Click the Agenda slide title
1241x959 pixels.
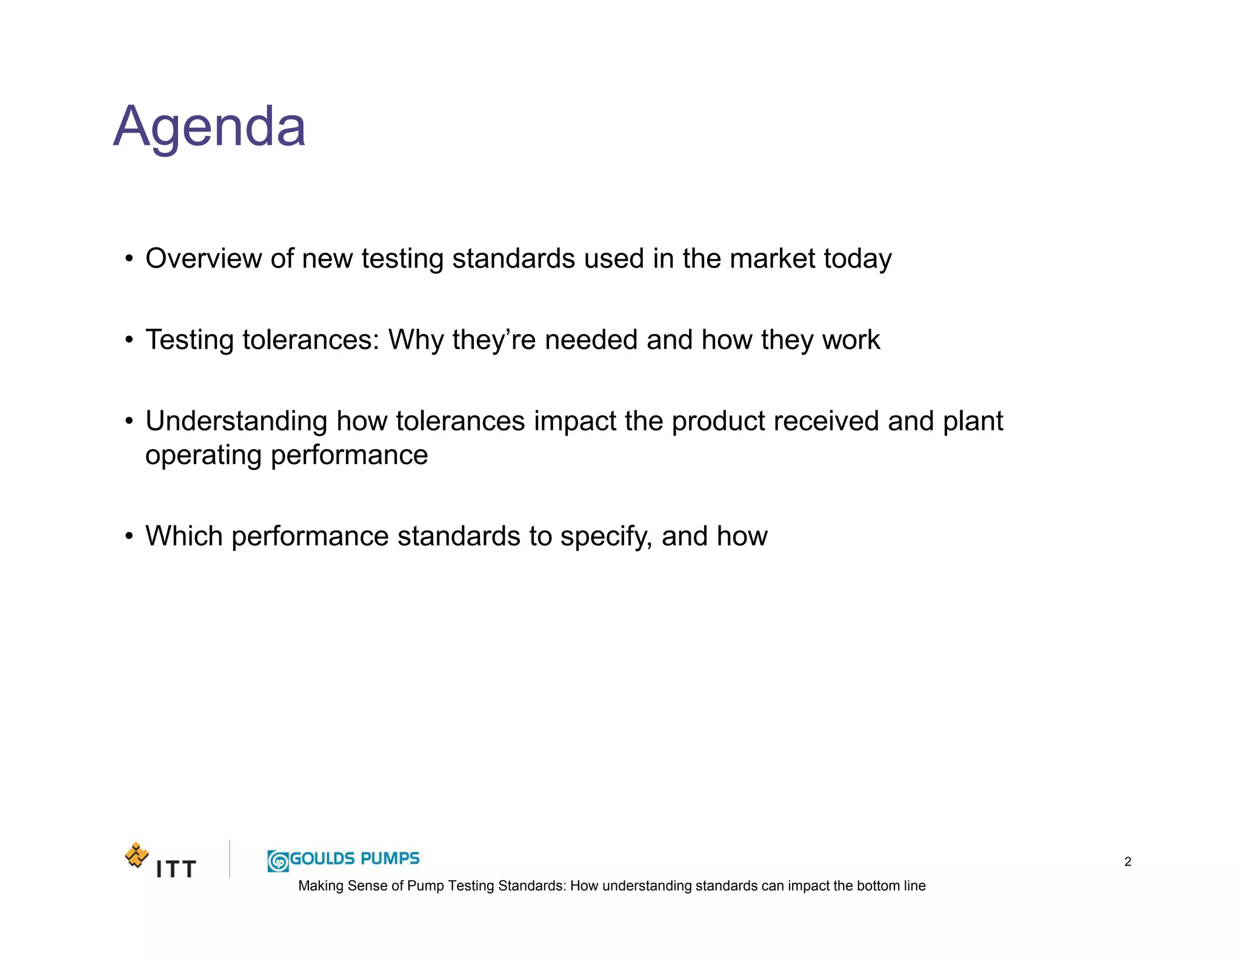click(x=210, y=127)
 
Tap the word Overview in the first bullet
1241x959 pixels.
click(x=204, y=259)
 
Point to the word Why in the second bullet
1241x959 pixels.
click(x=416, y=340)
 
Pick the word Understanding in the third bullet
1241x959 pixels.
click(x=236, y=422)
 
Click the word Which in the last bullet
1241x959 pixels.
click(x=184, y=536)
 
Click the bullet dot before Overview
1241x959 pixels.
click(x=128, y=259)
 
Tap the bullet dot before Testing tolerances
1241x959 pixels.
click(x=128, y=341)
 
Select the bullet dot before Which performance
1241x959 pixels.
click(x=128, y=537)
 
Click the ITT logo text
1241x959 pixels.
click(x=176, y=869)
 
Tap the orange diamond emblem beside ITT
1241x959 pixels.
click(x=137, y=855)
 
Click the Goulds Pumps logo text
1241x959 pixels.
click(x=355, y=858)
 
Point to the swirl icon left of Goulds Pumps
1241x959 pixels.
click(x=278, y=861)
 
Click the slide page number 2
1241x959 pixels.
click(x=1128, y=861)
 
